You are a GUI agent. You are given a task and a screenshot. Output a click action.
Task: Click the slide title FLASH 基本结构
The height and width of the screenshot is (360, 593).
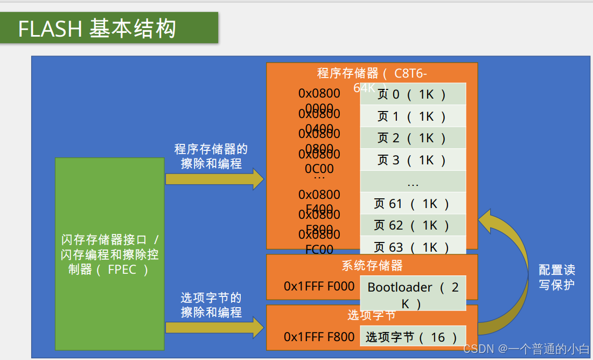97,29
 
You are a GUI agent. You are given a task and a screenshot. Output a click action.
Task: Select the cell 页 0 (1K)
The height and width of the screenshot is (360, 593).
413,94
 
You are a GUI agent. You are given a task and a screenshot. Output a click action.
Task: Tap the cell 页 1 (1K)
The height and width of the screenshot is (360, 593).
413,116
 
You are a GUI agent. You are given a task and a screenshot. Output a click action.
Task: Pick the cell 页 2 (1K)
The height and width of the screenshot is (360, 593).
413,138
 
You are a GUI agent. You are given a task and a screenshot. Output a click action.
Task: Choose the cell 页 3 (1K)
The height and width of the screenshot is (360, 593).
413,160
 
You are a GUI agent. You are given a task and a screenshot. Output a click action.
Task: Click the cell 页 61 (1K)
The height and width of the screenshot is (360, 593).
413,204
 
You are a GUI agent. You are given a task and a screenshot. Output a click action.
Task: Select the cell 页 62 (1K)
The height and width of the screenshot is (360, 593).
413,225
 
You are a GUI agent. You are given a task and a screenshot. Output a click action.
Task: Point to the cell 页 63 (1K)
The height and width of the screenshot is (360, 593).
413,247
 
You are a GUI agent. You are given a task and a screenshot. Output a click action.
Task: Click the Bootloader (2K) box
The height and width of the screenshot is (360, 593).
413,294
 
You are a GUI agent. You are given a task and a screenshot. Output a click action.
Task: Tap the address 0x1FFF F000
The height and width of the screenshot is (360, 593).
319,286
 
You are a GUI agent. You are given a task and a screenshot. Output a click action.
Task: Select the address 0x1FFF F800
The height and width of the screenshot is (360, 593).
319,337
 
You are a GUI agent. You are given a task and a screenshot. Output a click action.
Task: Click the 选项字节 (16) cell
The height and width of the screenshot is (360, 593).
413,337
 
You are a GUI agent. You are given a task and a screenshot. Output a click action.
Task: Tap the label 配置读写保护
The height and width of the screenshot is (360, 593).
556,276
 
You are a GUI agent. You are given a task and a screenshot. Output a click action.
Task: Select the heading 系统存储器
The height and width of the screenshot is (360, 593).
372,265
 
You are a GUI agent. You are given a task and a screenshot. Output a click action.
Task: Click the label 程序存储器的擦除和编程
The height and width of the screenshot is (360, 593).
211,156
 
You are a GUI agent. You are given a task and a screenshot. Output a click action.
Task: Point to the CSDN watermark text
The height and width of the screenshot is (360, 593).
526,349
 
